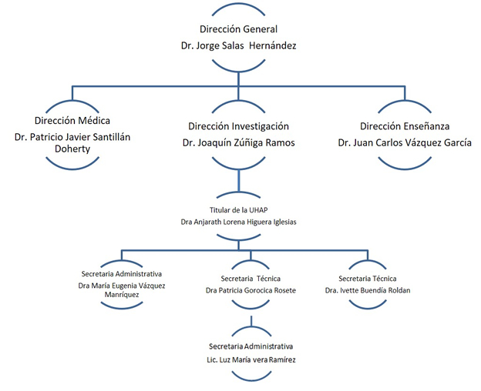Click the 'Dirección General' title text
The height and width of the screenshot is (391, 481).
tap(238, 29)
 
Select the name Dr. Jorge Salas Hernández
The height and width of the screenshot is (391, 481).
tap(238, 45)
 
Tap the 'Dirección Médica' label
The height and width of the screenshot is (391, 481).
tap(72, 120)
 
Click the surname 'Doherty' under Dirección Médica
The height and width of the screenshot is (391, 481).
tap(72, 149)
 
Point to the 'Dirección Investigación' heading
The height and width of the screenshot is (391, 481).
tap(238, 126)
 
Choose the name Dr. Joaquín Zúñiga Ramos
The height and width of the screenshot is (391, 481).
tap(238, 142)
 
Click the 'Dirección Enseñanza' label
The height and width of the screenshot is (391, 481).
tap(405, 126)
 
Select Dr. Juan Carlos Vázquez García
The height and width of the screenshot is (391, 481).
tap(405, 142)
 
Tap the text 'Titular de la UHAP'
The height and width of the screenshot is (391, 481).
tap(238, 210)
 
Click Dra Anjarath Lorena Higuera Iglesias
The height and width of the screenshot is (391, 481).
tap(238, 222)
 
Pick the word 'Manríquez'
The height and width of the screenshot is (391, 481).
tap(122, 295)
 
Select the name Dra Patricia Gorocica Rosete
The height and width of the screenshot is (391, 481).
tap(251, 290)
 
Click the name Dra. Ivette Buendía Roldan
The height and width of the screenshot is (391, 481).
tap(368, 290)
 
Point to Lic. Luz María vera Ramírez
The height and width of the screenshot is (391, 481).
tap(251, 359)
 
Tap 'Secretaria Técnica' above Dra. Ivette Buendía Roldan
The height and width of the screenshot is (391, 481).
tap(368, 279)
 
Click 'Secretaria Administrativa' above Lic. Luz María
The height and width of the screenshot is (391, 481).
tap(251, 346)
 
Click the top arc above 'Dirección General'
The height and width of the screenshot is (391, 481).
tap(238, 8)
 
